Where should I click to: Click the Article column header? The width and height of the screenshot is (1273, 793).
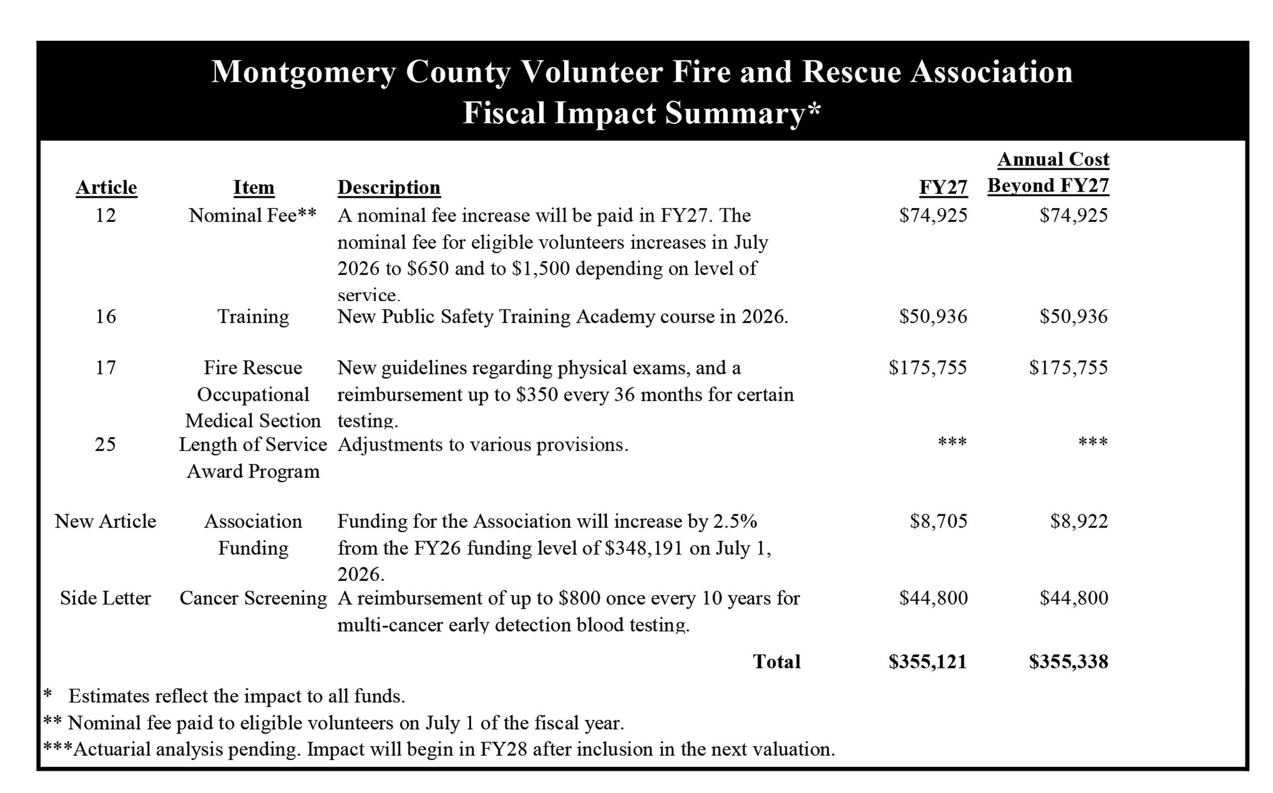coord(106,187)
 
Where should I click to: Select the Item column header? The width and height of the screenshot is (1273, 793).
coord(254,187)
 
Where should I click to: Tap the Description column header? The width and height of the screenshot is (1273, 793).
coord(388,187)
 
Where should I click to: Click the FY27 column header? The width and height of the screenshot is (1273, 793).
coord(943,187)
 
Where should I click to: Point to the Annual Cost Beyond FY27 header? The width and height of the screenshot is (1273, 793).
coord(1048,173)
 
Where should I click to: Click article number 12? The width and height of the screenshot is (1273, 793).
coord(105,216)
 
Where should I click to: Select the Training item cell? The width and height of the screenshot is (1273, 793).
coord(253,317)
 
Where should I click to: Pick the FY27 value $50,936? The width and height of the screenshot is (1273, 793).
coord(933,317)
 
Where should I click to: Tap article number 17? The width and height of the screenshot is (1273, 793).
coord(105,368)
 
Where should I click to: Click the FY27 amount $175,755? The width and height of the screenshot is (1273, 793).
coord(928,368)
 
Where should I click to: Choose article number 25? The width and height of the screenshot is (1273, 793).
coord(105,445)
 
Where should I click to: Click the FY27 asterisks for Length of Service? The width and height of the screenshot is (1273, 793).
coord(952,442)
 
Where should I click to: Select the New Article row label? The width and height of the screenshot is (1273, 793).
coord(105,521)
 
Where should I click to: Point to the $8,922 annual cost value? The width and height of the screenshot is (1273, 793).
coord(1078,521)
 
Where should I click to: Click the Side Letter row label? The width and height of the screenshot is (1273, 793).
coord(105,598)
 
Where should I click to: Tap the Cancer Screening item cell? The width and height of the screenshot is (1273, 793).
coord(253,598)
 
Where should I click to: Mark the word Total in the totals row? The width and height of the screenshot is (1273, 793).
coord(776,662)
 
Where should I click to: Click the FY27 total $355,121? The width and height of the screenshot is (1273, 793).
coord(928,662)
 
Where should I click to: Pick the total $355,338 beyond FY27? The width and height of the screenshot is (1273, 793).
coord(1068,662)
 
